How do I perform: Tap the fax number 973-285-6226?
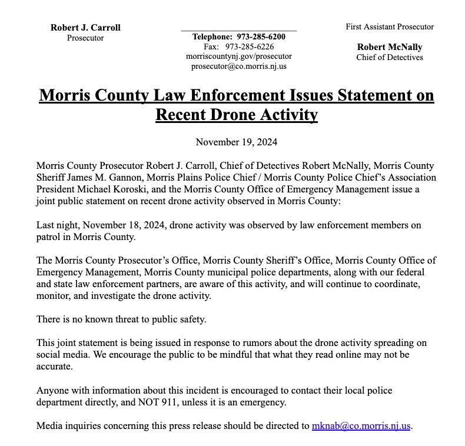click(250, 46)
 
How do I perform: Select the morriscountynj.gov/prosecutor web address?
click(238, 56)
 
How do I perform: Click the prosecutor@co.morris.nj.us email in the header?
click(238, 66)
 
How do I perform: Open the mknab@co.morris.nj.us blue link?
click(361, 426)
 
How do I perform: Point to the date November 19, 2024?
click(236, 142)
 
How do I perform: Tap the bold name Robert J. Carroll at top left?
click(85, 28)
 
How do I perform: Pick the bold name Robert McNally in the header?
click(390, 47)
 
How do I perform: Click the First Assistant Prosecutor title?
click(390, 26)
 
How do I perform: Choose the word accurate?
click(54, 367)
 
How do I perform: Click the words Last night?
click(56, 225)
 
